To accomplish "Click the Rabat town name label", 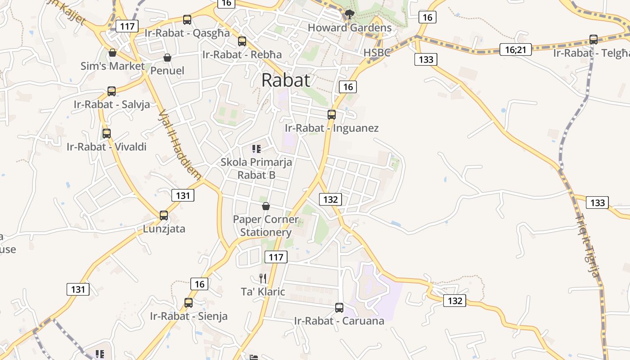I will (x=286, y=80).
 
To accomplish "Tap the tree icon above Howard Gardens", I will (x=350, y=14).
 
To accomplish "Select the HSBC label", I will (x=377, y=53).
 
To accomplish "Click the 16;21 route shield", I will (x=516, y=49).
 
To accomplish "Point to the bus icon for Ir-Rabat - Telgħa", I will (x=594, y=40).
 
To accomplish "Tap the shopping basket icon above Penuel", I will (x=167, y=58).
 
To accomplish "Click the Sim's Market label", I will (x=112, y=66).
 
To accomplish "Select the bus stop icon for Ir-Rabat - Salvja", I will (x=112, y=91).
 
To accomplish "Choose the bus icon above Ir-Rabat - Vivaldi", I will (x=107, y=134).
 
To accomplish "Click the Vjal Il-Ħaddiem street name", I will (x=180, y=144).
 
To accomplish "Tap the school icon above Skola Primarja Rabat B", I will (x=256, y=149).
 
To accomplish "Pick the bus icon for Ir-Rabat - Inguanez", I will (x=332, y=115).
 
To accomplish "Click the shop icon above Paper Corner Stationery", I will (x=266, y=206).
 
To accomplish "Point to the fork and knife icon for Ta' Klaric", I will (x=263, y=279).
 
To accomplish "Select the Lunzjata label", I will (x=164, y=229).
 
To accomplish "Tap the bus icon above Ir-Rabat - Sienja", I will (x=189, y=303).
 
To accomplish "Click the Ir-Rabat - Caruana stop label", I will (x=339, y=321).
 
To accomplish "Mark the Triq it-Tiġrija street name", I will (x=588, y=245).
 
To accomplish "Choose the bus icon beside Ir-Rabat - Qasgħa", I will (x=187, y=20).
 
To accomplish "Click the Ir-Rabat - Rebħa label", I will (x=242, y=54).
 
